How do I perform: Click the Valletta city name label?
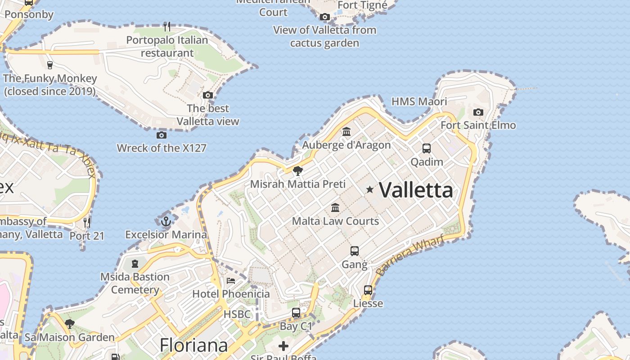coord(416,190)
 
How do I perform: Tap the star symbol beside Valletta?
coord(370,189)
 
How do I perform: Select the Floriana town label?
coord(194,346)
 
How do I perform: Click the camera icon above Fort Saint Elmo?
coord(478,112)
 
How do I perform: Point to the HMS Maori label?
coord(419,101)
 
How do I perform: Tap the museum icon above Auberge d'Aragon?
coord(346,132)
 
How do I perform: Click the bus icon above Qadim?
coord(426,148)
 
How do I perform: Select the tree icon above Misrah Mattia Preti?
coord(297,171)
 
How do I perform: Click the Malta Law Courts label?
coord(335,221)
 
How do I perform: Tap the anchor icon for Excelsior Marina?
coord(166,221)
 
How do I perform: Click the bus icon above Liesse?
coord(368,290)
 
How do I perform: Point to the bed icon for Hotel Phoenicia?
coord(231,281)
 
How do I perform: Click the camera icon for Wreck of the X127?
coord(162,135)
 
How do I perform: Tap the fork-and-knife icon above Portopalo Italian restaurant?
coord(167,27)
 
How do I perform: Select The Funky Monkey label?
coord(50,85)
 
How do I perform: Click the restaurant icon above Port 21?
coord(87,222)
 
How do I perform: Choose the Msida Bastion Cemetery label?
coord(135,283)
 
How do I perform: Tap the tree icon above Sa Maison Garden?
coord(69,324)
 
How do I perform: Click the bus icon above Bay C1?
coord(296,312)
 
